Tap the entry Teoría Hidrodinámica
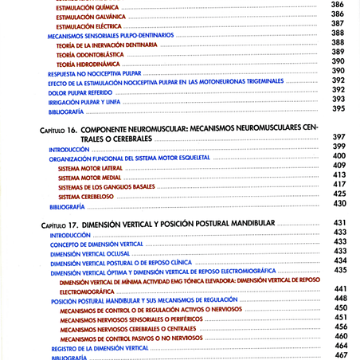click(92, 62)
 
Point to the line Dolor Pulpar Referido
click(80, 92)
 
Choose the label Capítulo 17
click(60, 224)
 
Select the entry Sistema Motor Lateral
click(91, 168)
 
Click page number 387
click(338, 25)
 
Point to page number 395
click(338, 109)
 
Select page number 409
click(339, 166)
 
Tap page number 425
click(339, 194)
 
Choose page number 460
click(340, 337)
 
